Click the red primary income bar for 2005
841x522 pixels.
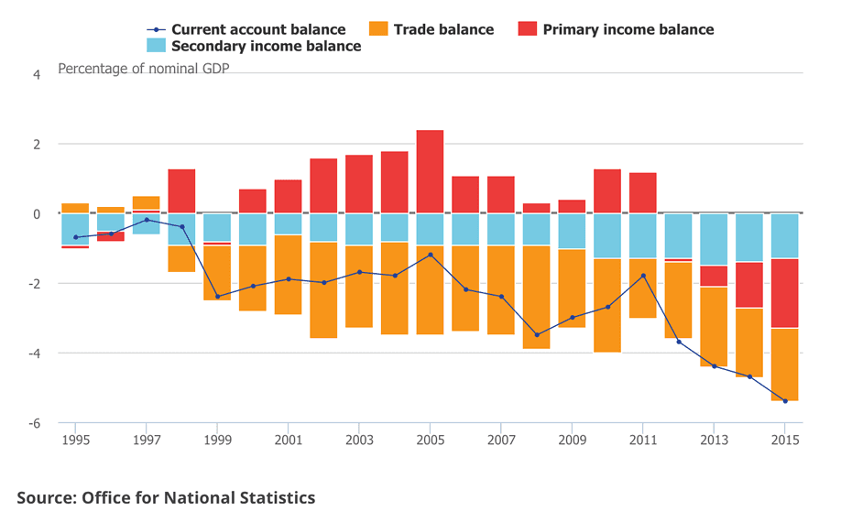click(430, 171)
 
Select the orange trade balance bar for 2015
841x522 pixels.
click(784, 364)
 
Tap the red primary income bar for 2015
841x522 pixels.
click(784, 293)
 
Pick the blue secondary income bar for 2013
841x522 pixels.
click(714, 239)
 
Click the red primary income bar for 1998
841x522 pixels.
click(181, 190)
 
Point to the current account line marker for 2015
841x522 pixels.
click(785, 401)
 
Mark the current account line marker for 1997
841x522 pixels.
click(147, 220)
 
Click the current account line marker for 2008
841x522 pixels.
click(536, 335)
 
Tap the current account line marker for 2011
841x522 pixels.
click(643, 276)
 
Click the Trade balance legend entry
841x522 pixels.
click(431, 29)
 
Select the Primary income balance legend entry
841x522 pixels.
click(616, 29)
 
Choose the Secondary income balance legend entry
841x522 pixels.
click(254, 46)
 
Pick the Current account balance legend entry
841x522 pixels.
click(246, 29)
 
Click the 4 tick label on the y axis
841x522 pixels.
click(37, 74)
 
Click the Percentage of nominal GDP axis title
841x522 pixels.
click(143, 68)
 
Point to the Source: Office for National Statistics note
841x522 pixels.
click(166, 497)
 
